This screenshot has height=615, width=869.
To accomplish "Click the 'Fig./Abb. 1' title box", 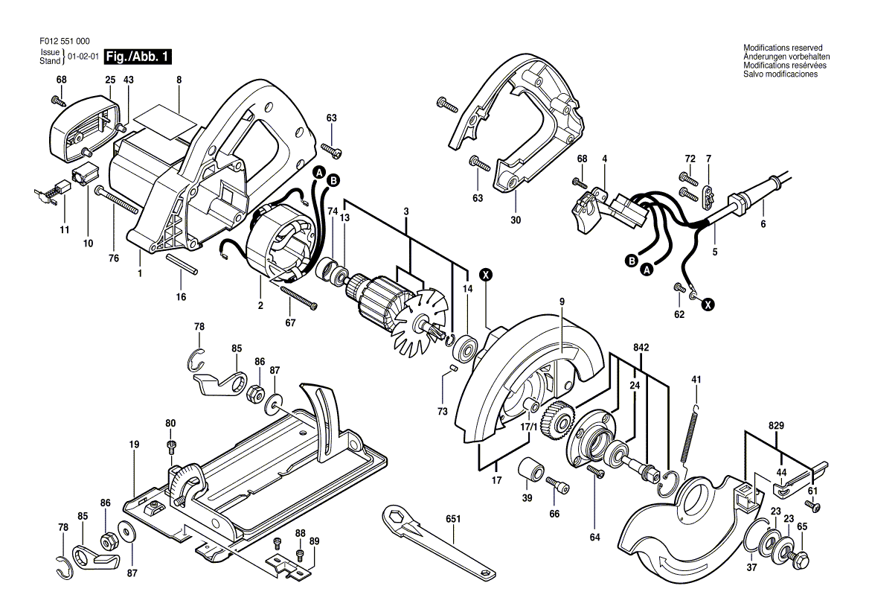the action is tap(138, 57).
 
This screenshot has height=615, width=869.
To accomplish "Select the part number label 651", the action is tap(453, 519).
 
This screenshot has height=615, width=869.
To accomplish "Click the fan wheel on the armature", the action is tap(420, 321).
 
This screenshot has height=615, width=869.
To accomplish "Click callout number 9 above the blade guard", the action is tap(562, 302).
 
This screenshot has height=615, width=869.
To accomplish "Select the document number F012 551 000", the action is tap(65, 41).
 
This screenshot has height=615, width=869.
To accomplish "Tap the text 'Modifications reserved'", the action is tap(783, 48).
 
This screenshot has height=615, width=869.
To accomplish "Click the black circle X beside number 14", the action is tap(486, 275).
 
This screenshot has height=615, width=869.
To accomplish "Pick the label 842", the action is tap(641, 348).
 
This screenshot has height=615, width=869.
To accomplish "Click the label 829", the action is tap(777, 425).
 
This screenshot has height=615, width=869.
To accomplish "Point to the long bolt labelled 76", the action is tap(116, 199).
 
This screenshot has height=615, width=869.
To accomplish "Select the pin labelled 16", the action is tap(182, 265).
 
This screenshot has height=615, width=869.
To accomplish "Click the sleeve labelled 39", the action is tap(530, 471).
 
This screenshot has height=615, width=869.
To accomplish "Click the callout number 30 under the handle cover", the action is tap(516, 220).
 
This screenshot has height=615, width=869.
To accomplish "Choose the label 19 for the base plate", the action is tap(134, 444).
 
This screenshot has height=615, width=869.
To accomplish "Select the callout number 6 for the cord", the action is tap(763, 225).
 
